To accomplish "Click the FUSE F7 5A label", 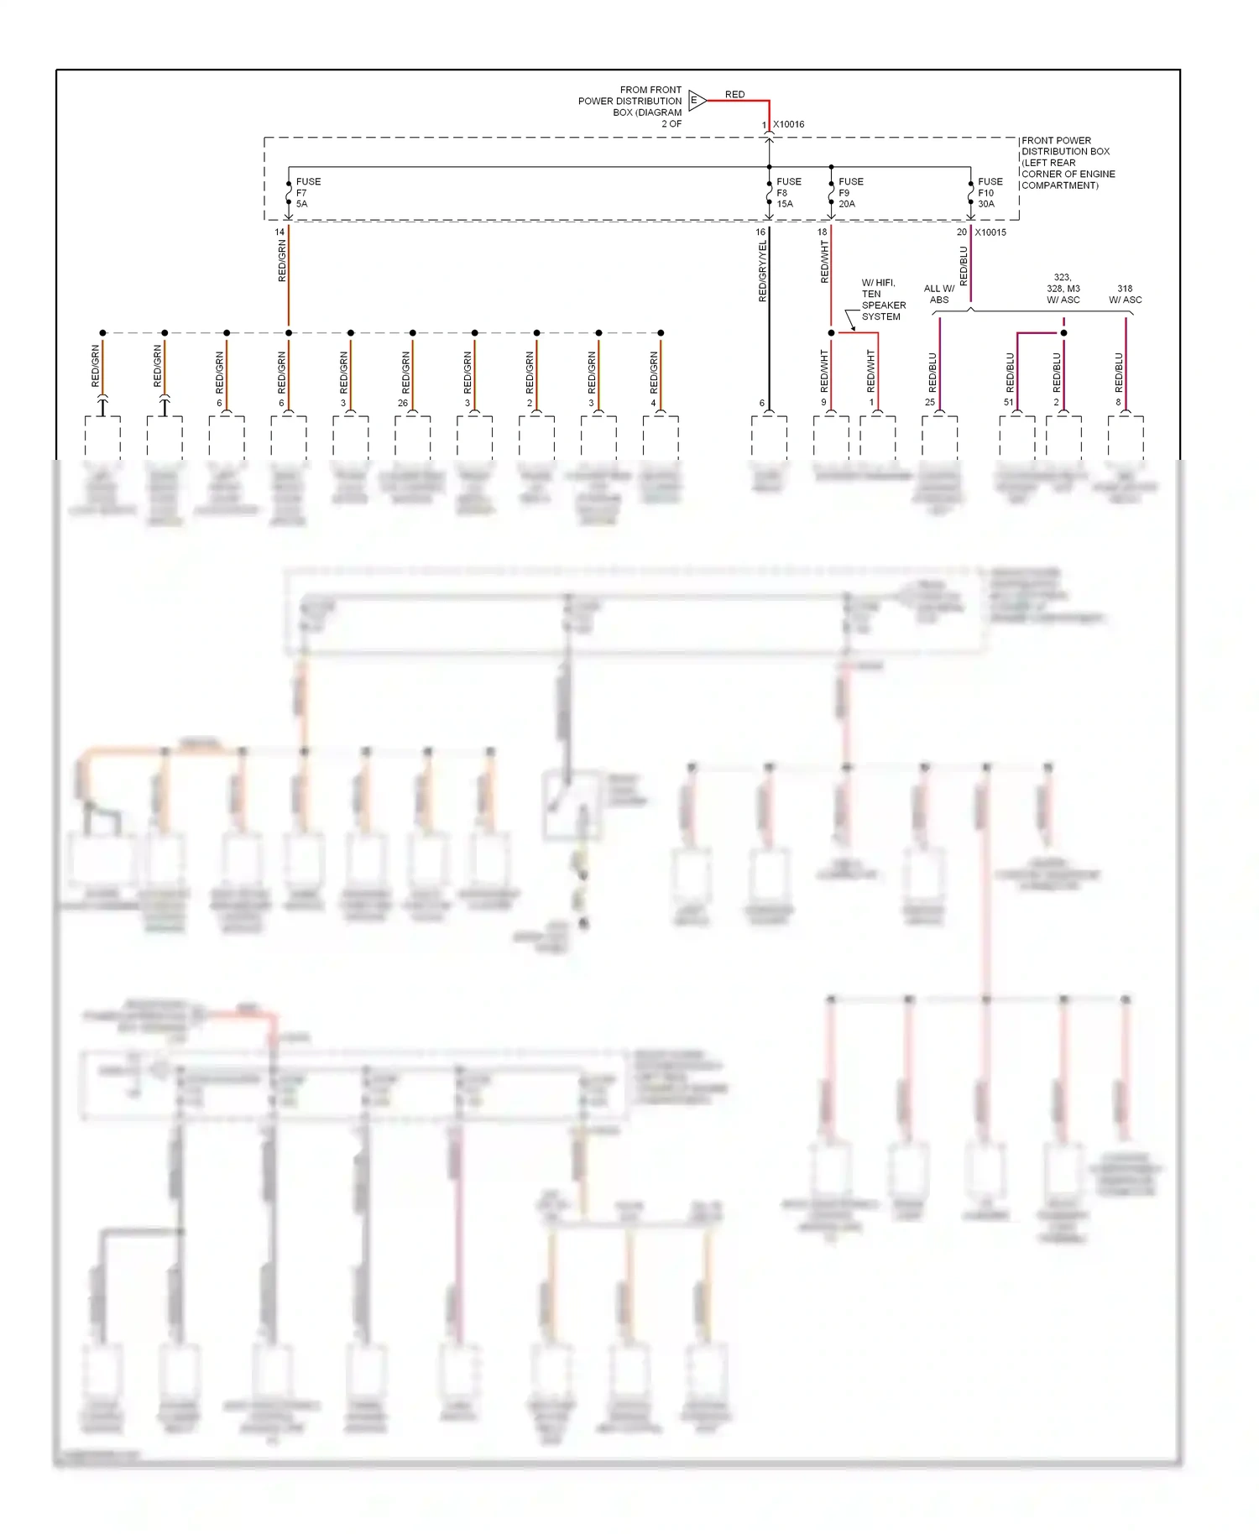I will coord(307,193).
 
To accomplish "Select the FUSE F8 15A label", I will coord(788,193).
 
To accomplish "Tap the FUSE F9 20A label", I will coord(850,193).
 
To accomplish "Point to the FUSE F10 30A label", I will coord(990,193).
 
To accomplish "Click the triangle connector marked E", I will coord(697,101).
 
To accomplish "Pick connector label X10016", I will coord(788,124).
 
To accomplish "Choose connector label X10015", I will coord(990,232).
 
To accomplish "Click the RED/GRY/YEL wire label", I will coord(762,271).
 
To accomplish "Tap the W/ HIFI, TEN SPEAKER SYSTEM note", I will coord(883,300).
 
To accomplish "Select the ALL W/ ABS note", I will coord(939,294).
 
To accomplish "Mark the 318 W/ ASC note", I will coord(1125,294).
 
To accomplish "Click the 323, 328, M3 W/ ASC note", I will coord(1063,289).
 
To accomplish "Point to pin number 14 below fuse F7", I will coord(279,232).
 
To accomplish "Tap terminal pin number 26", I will coord(403,403).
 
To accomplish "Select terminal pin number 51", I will coord(1008,403).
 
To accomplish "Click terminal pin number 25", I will coord(930,403).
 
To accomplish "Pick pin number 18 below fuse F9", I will coord(822,232).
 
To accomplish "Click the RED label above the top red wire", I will coord(734,95).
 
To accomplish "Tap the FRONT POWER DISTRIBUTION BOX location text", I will coord(1068,163).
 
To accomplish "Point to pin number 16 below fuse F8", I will coord(760,232).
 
